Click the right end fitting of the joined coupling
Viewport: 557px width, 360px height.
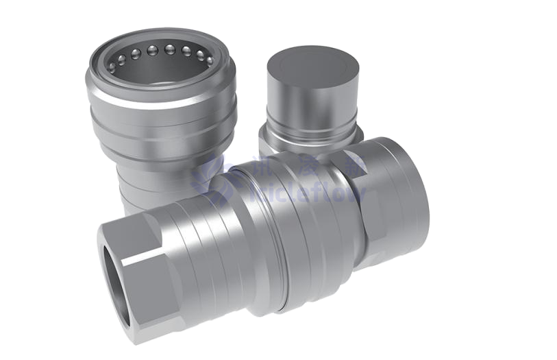(394, 199)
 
